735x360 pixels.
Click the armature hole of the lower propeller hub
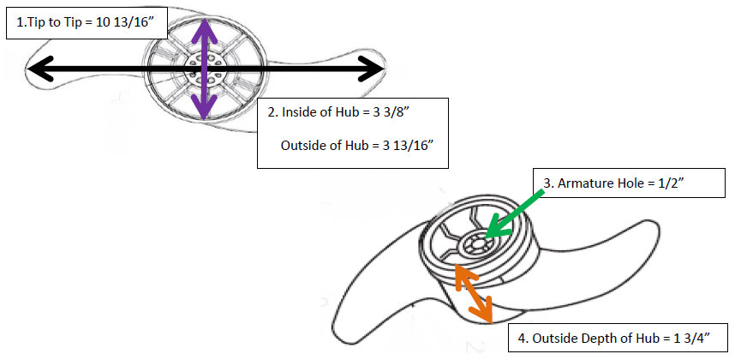[x=473, y=244]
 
